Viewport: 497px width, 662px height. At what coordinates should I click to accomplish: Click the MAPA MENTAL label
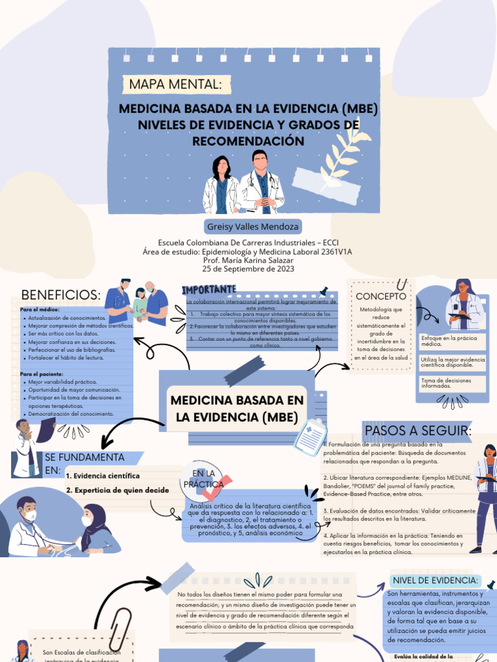tap(175, 84)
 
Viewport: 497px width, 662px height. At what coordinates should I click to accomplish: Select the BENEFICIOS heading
tap(61, 295)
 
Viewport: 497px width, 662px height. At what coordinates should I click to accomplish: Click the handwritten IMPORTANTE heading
tap(209, 288)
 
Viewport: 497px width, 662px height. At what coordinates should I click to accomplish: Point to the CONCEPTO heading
tap(381, 296)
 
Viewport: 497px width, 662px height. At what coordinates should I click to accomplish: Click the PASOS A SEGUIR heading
tap(418, 431)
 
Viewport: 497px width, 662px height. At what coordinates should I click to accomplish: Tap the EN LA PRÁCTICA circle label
tap(203, 479)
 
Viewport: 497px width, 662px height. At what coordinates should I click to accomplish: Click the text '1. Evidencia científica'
tap(102, 476)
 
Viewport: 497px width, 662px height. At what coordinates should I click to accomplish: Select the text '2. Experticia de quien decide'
tap(117, 490)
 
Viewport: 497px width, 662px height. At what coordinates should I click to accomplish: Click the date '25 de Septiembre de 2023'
tap(248, 268)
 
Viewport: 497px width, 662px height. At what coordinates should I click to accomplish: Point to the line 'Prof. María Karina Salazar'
tap(248, 260)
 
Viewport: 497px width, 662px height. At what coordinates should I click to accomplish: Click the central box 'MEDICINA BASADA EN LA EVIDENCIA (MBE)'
tap(237, 409)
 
